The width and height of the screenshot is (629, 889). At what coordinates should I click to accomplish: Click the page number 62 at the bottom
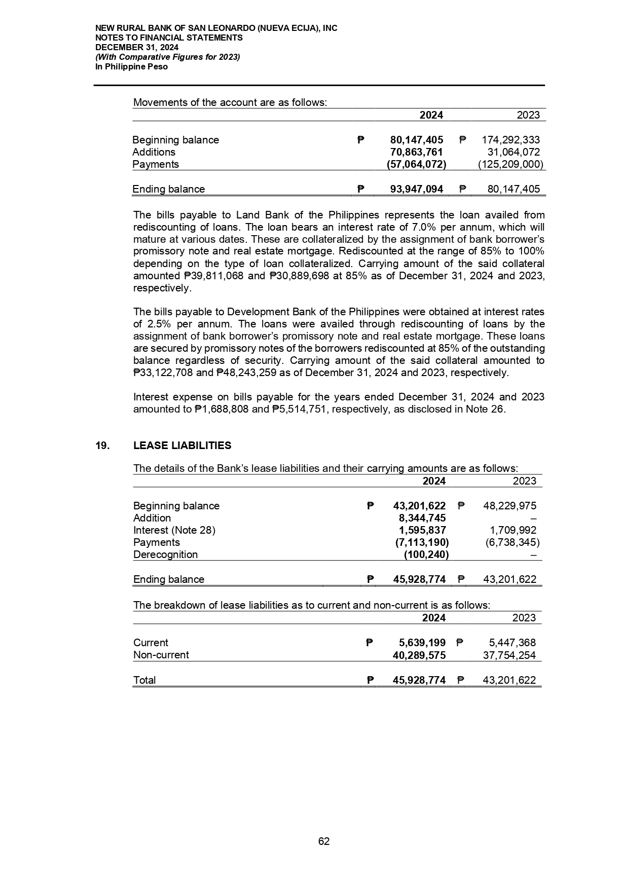pyautogui.click(x=324, y=841)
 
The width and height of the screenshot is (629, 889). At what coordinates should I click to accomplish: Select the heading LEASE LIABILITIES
pyautogui.click(x=182, y=446)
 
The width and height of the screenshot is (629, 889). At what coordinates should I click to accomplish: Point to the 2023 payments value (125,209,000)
pyautogui.click(x=510, y=164)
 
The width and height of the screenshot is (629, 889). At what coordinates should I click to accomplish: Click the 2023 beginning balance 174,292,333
pyautogui.click(x=510, y=140)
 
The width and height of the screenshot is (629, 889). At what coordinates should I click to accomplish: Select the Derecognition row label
pyautogui.click(x=165, y=554)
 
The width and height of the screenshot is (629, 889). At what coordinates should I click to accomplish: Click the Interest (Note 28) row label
pyautogui.click(x=174, y=530)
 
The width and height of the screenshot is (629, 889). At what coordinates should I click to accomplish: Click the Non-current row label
pyautogui.click(x=161, y=655)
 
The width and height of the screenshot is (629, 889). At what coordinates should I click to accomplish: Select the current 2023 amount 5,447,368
pyautogui.click(x=512, y=643)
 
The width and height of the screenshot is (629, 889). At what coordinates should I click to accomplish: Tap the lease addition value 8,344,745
pyautogui.click(x=422, y=518)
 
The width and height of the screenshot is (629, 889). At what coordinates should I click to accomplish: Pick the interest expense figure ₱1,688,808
pyautogui.click(x=221, y=409)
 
